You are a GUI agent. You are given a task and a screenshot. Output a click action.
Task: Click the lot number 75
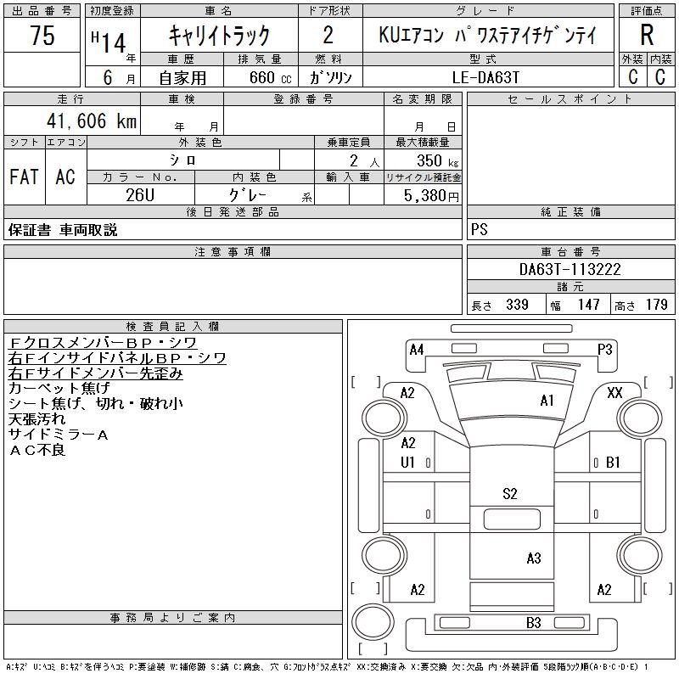click(x=42, y=36)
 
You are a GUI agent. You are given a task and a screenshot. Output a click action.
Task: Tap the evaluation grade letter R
click(x=647, y=36)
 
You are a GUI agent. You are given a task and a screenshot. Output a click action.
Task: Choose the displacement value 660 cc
click(x=258, y=76)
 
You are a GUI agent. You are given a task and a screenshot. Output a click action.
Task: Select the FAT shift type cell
click(x=24, y=177)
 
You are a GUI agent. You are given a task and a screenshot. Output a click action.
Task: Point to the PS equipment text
click(x=480, y=230)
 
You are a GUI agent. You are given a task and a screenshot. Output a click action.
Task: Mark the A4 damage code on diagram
click(x=416, y=349)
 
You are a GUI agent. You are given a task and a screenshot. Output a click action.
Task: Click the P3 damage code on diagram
click(x=605, y=349)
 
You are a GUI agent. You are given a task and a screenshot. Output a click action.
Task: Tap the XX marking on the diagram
click(x=615, y=392)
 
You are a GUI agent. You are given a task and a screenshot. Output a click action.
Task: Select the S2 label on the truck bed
click(x=510, y=493)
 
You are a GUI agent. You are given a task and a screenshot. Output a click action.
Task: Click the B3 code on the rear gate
click(x=533, y=623)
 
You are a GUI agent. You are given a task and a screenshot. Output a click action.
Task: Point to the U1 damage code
click(x=407, y=463)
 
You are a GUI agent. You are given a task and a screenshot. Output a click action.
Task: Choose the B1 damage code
click(x=613, y=463)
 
